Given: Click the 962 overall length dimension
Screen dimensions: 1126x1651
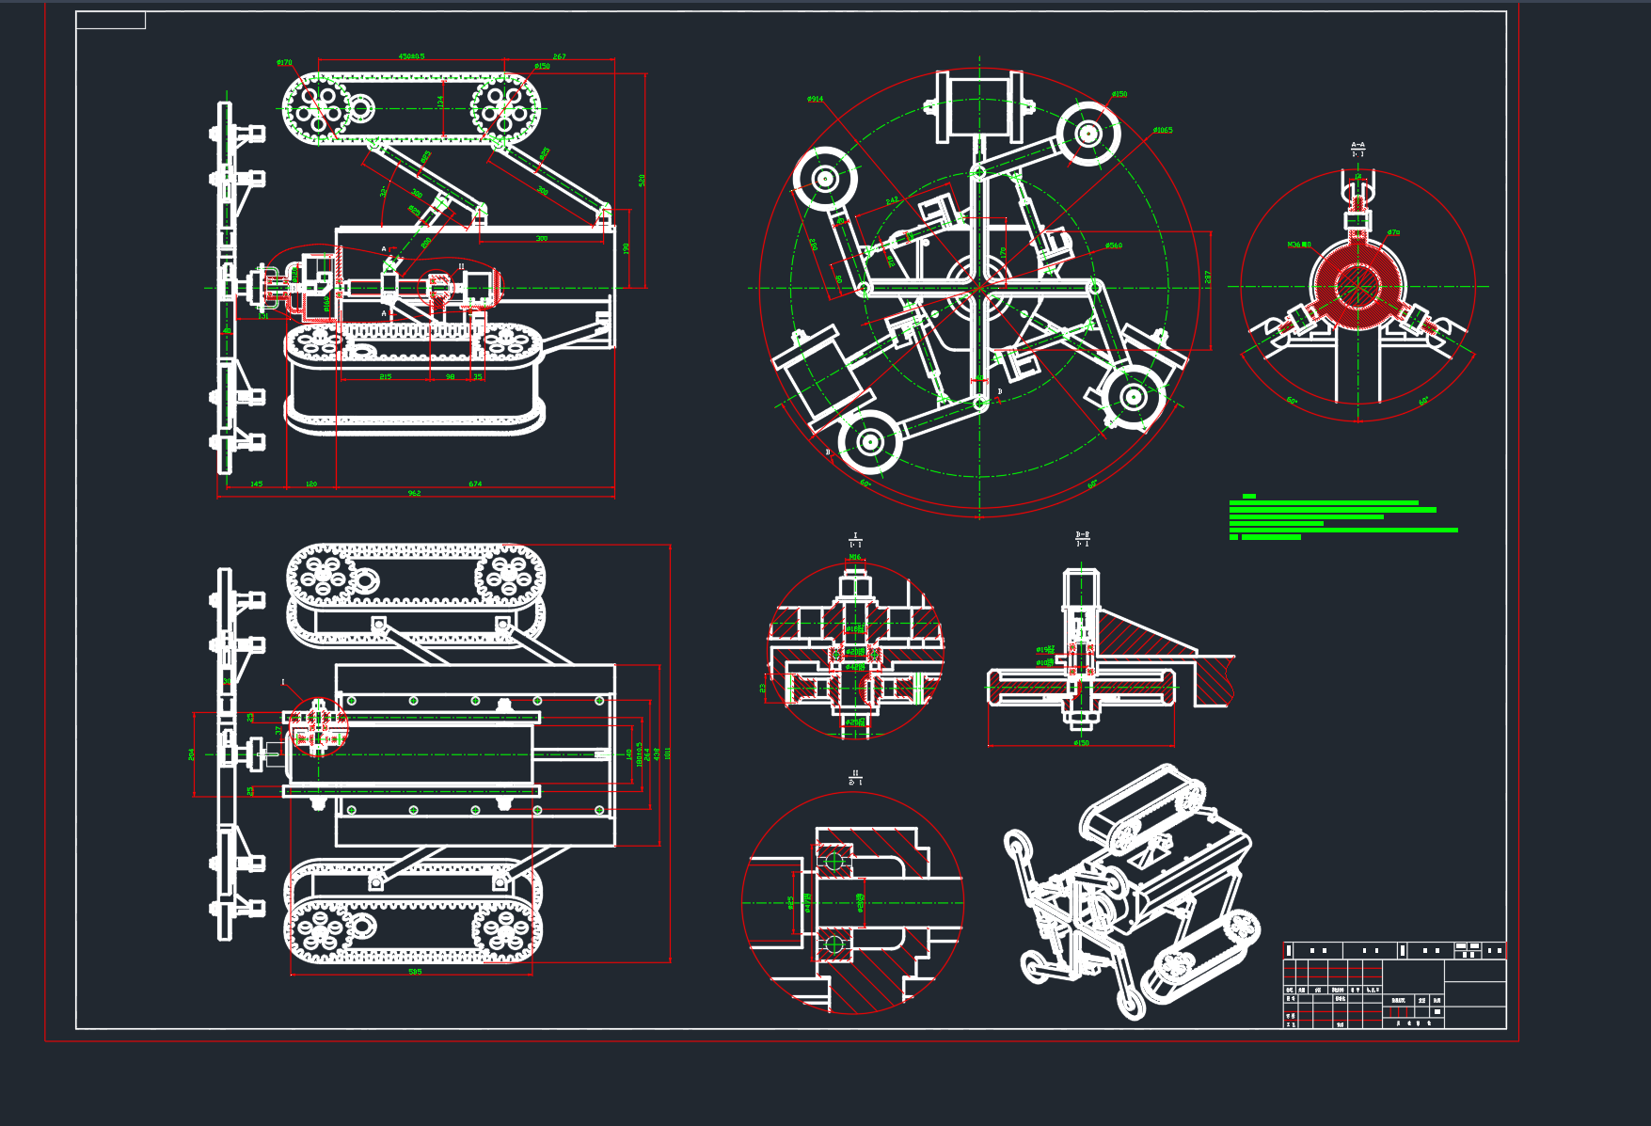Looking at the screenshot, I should coord(414,493).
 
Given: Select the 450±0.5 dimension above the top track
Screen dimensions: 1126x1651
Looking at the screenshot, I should coord(411,56).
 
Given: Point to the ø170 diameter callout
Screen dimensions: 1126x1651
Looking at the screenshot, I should coord(284,63).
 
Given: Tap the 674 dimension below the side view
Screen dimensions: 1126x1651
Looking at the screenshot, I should coord(475,484).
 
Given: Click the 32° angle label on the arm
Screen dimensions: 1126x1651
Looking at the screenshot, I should coord(383,192).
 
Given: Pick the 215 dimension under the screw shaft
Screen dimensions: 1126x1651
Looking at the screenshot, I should coord(386,377).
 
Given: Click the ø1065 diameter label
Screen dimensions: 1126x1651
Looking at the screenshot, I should coord(1163,131).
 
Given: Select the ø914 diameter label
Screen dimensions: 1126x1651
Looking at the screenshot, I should coord(815,99).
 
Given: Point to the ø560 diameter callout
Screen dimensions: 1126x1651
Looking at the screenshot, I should coord(1114,246).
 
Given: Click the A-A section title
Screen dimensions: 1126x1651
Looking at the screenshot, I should coord(1357,147).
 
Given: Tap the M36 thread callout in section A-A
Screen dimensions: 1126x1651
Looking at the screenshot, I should coord(1298,245).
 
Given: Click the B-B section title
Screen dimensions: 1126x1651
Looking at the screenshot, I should coord(1082,536).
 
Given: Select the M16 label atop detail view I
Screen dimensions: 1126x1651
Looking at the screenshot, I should coord(855,557).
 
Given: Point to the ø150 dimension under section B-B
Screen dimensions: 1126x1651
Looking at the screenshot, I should coord(1081,743).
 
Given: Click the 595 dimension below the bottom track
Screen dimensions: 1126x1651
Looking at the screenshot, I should coord(415,972).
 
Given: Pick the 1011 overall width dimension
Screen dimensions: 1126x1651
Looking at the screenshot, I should coord(668,753).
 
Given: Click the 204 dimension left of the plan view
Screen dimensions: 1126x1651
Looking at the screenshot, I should coord(192,754).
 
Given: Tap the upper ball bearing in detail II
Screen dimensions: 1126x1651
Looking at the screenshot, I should coord(833,861).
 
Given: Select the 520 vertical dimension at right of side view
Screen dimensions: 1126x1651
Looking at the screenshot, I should coord(643,180).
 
